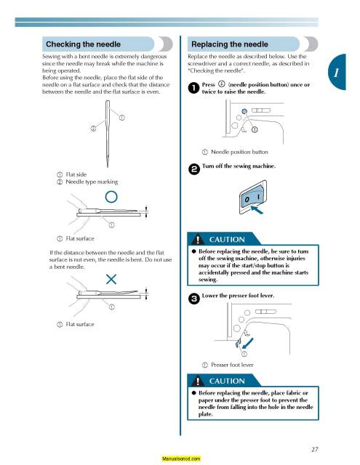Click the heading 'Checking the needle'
(x=83, y=44)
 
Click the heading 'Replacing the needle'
(x=229, y=44)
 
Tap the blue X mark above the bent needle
(x=111, y=279)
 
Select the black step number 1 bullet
(x=193, y=88)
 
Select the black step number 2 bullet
(x=193, y=169)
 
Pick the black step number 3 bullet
(x=193, y=299)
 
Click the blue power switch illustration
(x=252, y=197)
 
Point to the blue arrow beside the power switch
(x=257, y=210)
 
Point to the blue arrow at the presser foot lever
(x=247, y=343)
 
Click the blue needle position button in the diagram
(x=244, y=111)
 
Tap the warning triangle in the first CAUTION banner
(x=197, y=239)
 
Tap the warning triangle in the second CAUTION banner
(x=197, y=381)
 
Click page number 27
(x=315, y=449)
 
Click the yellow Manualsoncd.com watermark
(x=181, y=458)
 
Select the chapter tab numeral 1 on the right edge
(x=336, y=73)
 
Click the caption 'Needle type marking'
(x=92, y=182)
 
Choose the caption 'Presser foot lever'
(x=232, y=365)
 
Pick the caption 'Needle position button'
(x=239, y=152)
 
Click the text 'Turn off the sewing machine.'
(x=239, y=166)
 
